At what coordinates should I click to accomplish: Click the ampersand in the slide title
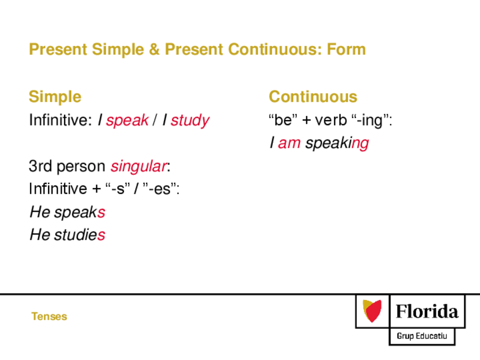[x=155, y=49]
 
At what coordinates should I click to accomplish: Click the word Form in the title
[x=346, y=49]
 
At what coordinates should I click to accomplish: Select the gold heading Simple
[x=55, y=97]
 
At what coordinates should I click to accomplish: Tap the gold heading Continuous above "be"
[x=313, y=97]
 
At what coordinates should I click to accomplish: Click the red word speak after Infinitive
[x=127, y=120]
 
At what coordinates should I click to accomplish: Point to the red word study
[x=190, y=120]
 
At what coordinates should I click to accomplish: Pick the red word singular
[x=139, y=166]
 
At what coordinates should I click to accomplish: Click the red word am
[x=289, y=143]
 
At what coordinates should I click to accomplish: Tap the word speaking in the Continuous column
[x=337, y=143]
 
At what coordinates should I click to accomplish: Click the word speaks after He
[x=80, y=212]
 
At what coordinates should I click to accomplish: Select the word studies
[x=80, y=235]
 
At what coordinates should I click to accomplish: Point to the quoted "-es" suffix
[x=160, y=189]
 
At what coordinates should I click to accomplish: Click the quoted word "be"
[x=283, y=119]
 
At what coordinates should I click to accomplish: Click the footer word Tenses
[x=49, y=316]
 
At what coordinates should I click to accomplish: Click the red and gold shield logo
[x=372, y=311]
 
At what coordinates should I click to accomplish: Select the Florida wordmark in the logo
[x=427, y=311]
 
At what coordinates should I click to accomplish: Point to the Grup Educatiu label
[x=422, y=336]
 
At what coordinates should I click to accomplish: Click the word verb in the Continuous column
[x=331, y=119]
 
